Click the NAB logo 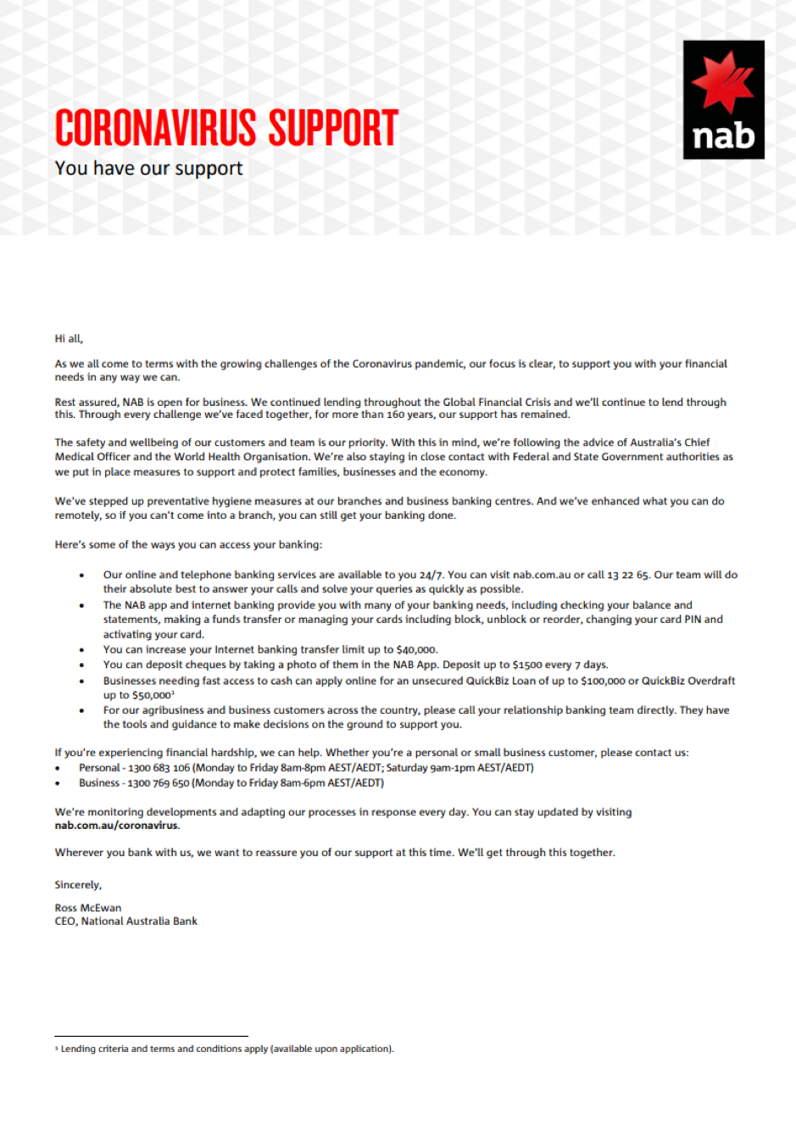click(723, 100)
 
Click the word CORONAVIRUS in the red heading click(157, 129)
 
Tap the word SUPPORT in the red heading click(333, 129)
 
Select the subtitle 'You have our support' click(148, 169)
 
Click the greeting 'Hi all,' click(69, 338)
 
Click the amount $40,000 click(416, 650)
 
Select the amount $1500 click(526, 665)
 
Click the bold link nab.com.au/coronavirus click(116, 826)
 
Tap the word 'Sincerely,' click(78, 885)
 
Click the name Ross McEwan click(88, 908)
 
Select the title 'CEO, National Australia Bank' click(126, 921)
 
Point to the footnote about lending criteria click(225, 1049)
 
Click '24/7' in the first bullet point click(431, 575)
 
